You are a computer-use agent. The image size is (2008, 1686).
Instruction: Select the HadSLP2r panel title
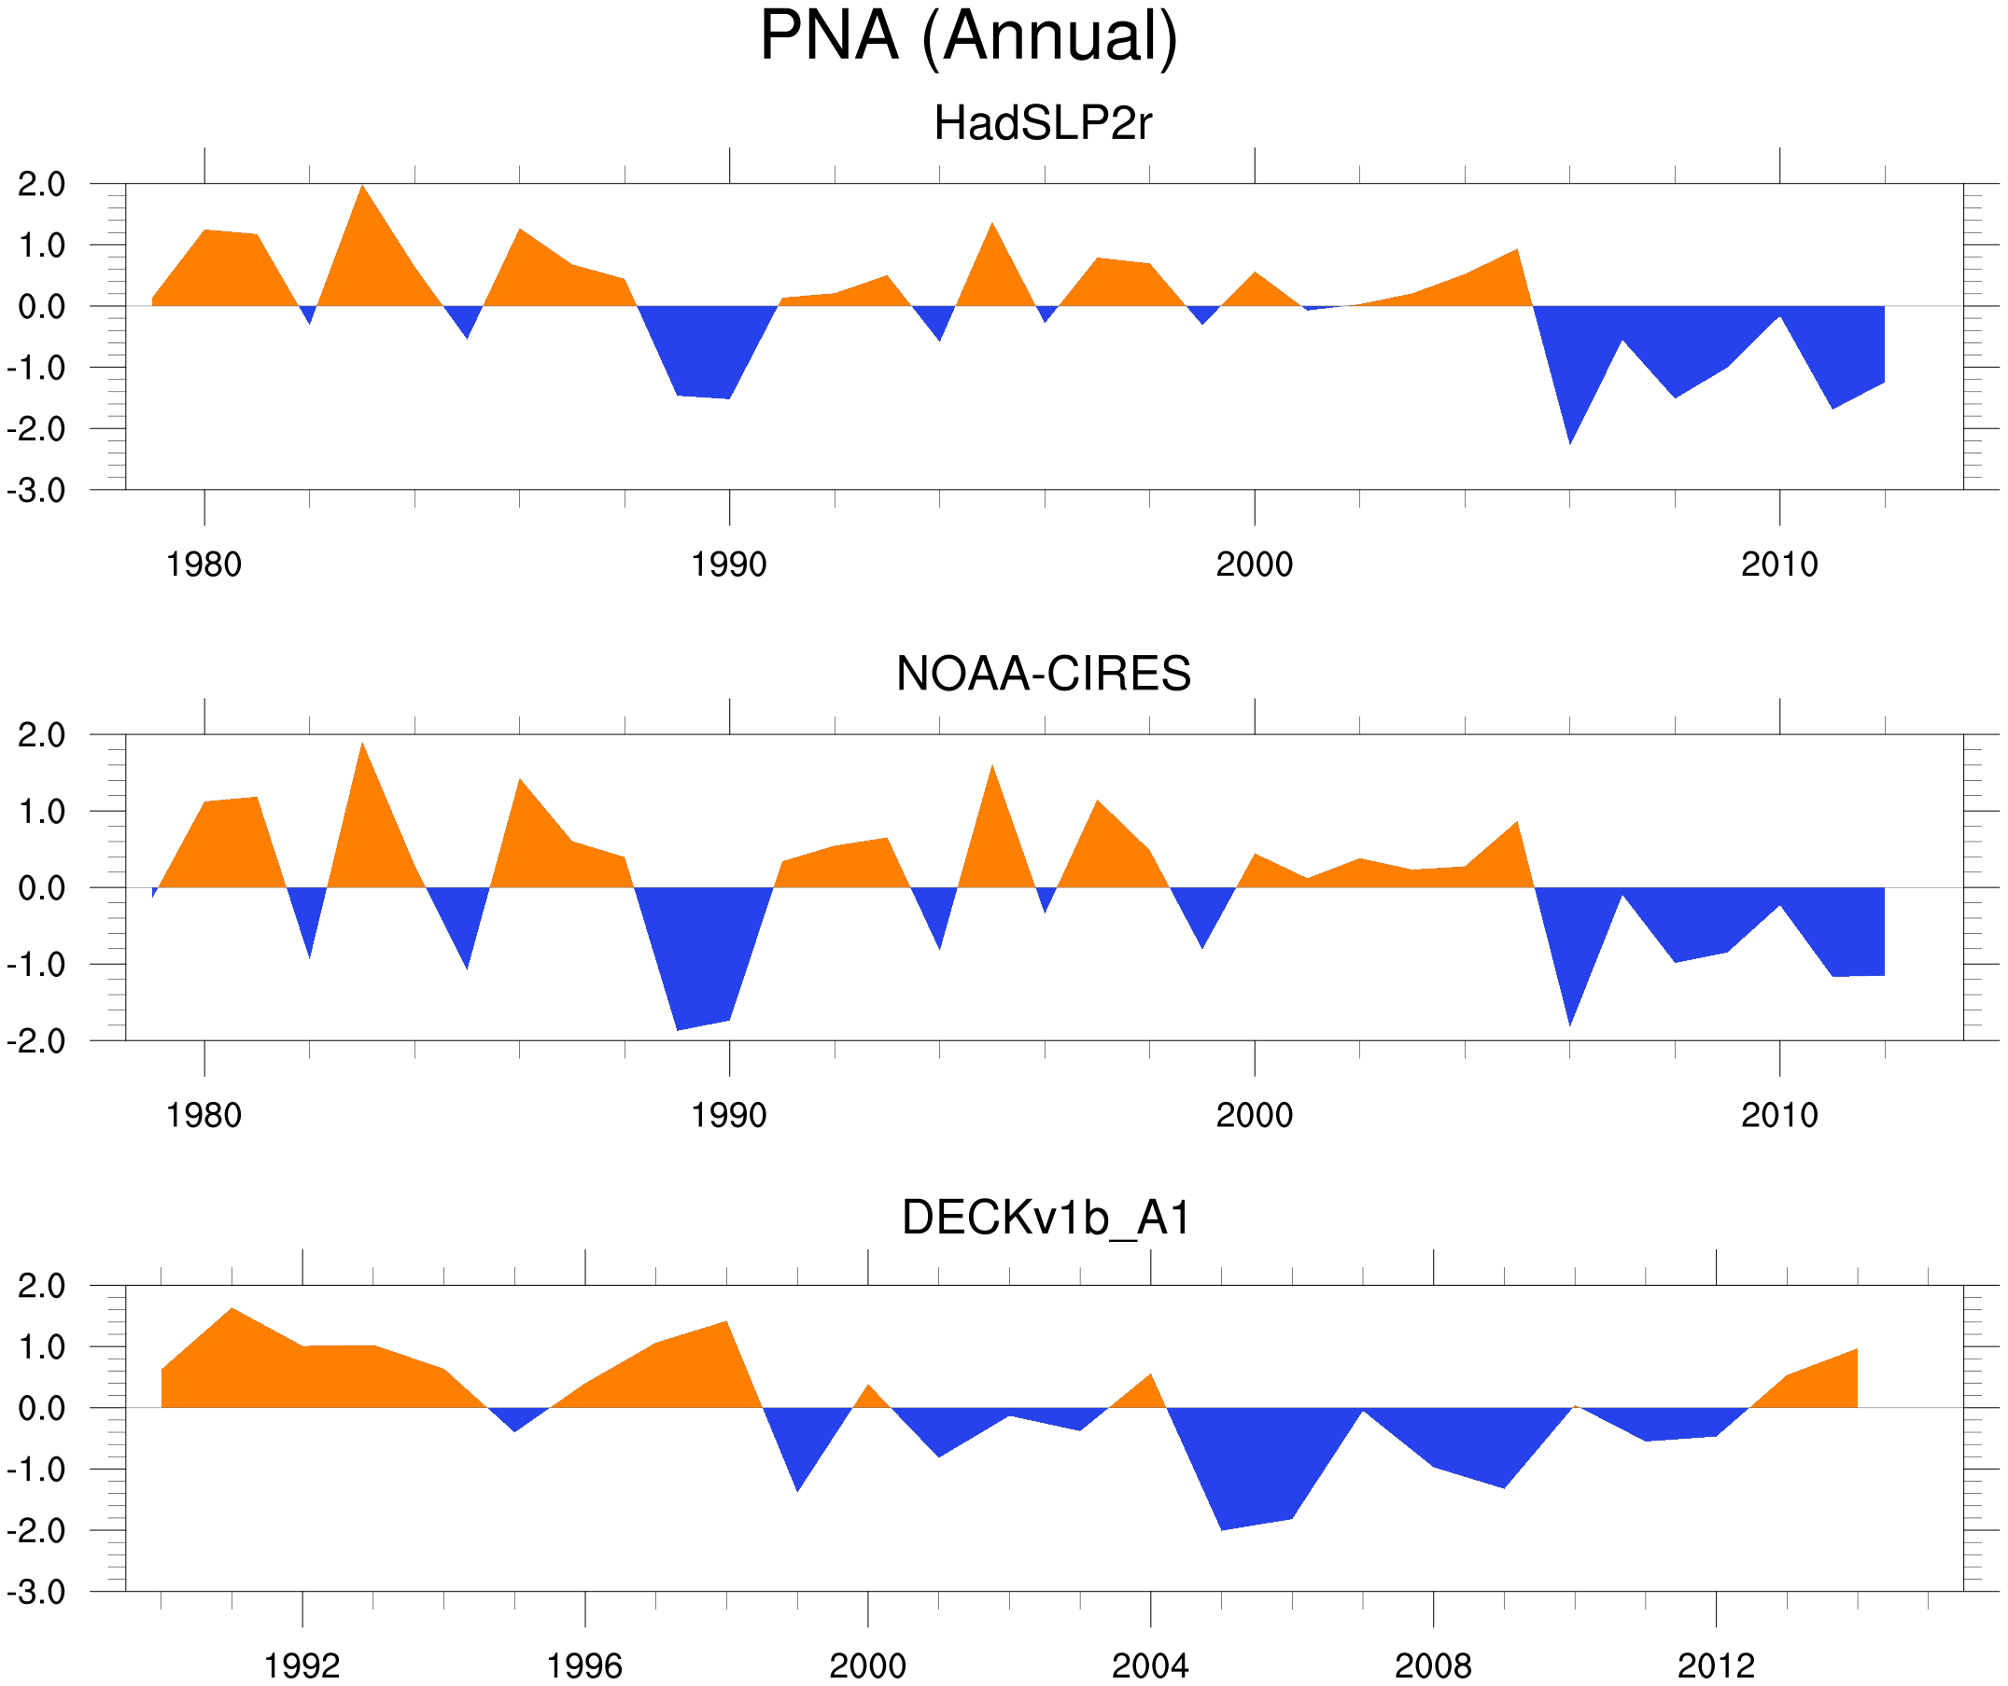pyautogui.click(x=1042, y=124)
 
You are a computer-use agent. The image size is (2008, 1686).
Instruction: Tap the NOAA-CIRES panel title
pyautogui.click(x=1043, y=675)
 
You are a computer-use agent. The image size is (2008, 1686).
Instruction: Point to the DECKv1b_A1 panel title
pyautogui.click(x=1046, y=1219)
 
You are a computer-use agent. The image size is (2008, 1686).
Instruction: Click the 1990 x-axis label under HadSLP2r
pyautogui.click(x=729, y=564)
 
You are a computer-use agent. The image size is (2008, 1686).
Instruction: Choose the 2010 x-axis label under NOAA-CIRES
pyautogui.click(x=1778, y=1115)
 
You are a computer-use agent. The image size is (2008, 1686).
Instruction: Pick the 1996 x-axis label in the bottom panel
pyautogui.click(x=584, y=1665)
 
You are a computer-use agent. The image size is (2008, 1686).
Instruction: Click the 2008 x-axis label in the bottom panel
pyautogui.click(x=1432, y=1665)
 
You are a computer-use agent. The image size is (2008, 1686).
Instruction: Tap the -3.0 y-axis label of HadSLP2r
pyautogui.click(x=36, y=492)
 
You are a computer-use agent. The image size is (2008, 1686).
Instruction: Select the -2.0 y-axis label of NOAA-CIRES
pyautogui.click(x=36, y=1042)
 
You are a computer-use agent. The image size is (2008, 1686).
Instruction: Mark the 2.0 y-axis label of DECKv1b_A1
pyautogui.click(x=41, y=1287)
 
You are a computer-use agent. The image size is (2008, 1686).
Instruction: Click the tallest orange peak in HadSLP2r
pyautogui.click(x=362, y=189)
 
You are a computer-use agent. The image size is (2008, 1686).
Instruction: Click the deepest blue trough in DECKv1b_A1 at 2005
pyautogui.click(x=1222, y=1526)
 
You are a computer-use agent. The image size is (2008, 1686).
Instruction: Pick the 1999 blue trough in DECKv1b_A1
pyautogui.click(x=797, y=1487)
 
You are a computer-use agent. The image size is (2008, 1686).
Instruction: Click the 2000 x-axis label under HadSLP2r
pyautogui.click(x=1254, y=564)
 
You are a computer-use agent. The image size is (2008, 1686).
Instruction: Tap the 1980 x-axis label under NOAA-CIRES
pyautogui.click(x=204, y=1115)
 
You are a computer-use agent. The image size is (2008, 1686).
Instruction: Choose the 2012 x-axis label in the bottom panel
pyautogui.click(x=1716, y=1665)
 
